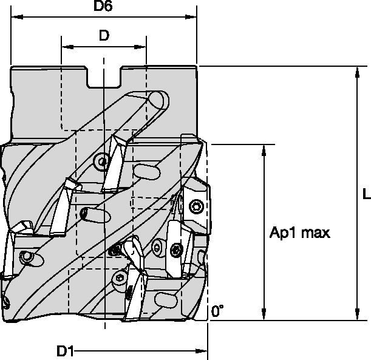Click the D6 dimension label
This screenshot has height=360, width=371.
pyautogui.click(x=103, y=6)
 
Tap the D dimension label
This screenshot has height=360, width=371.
pyautogui.click(x=104, y=35)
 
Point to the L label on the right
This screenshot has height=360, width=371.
pyautogui.click(x=367, y=194)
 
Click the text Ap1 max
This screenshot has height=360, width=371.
pyautogui.click(x=299, y=233)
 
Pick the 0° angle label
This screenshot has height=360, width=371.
pyautogui.click(x=217, y=311)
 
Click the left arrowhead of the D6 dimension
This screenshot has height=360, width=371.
pyautogui.click(x=17, y=17)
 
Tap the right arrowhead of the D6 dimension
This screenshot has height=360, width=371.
pyautogui.click(x=191, y=17)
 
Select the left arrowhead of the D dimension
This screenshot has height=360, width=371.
pyautogui.click(x=67, y=47)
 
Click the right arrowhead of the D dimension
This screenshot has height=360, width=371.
pyautogui.click(x=140, y=47)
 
